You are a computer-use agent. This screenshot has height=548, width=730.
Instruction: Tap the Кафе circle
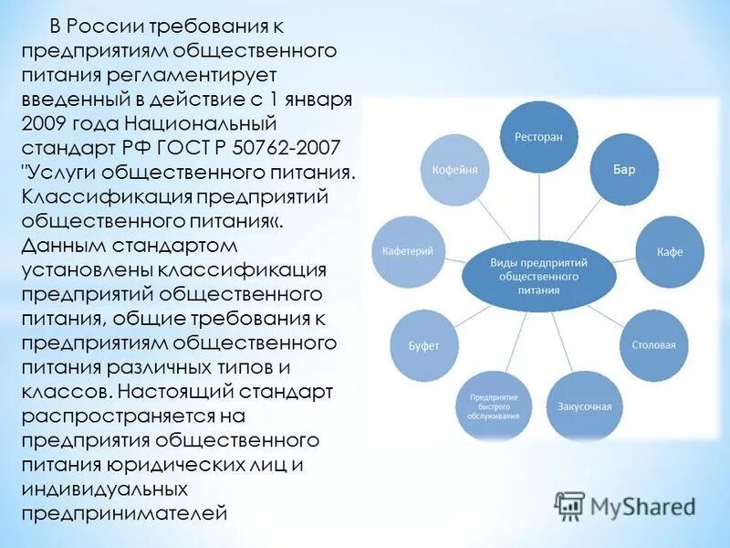tap(669, 252)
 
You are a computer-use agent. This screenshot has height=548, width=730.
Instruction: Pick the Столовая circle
tap(653, 345)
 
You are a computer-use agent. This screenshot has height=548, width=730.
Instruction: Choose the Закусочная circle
tap(579, 406)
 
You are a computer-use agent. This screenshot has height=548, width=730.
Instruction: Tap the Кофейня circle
tap(448, 171)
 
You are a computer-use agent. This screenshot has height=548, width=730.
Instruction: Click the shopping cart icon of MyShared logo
tap(569, 505)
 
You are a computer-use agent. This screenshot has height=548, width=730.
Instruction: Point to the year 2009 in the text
tap(46, 122)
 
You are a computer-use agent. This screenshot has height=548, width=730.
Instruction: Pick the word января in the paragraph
tap(323, 99)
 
